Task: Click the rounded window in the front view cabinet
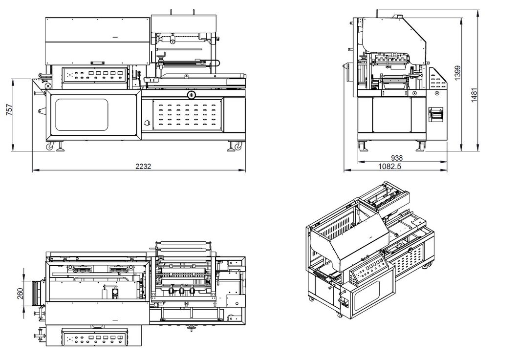[x=81, y=115]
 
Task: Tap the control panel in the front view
[x=95, y=76]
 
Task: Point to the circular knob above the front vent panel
[x=190, y=93]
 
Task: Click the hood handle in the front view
[x=99, y=62]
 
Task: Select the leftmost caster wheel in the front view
[x=49, y=146]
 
